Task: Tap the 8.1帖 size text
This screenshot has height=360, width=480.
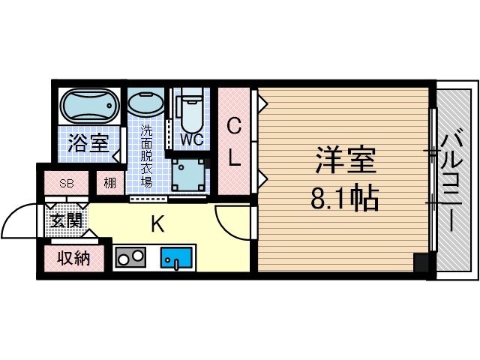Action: tap(344, 198)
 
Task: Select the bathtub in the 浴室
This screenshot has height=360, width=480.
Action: tap(88, 106)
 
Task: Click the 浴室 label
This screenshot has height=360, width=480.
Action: tap(88, 142)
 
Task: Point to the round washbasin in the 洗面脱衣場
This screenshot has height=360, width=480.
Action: tap(144, 103)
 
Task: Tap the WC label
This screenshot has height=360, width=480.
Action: tap(192, 139)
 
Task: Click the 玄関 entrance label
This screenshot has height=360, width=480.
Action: tap(66, 220)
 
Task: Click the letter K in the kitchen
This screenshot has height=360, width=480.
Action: tap(158, 223)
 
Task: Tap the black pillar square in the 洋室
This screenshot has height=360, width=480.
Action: tap(422, 264)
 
